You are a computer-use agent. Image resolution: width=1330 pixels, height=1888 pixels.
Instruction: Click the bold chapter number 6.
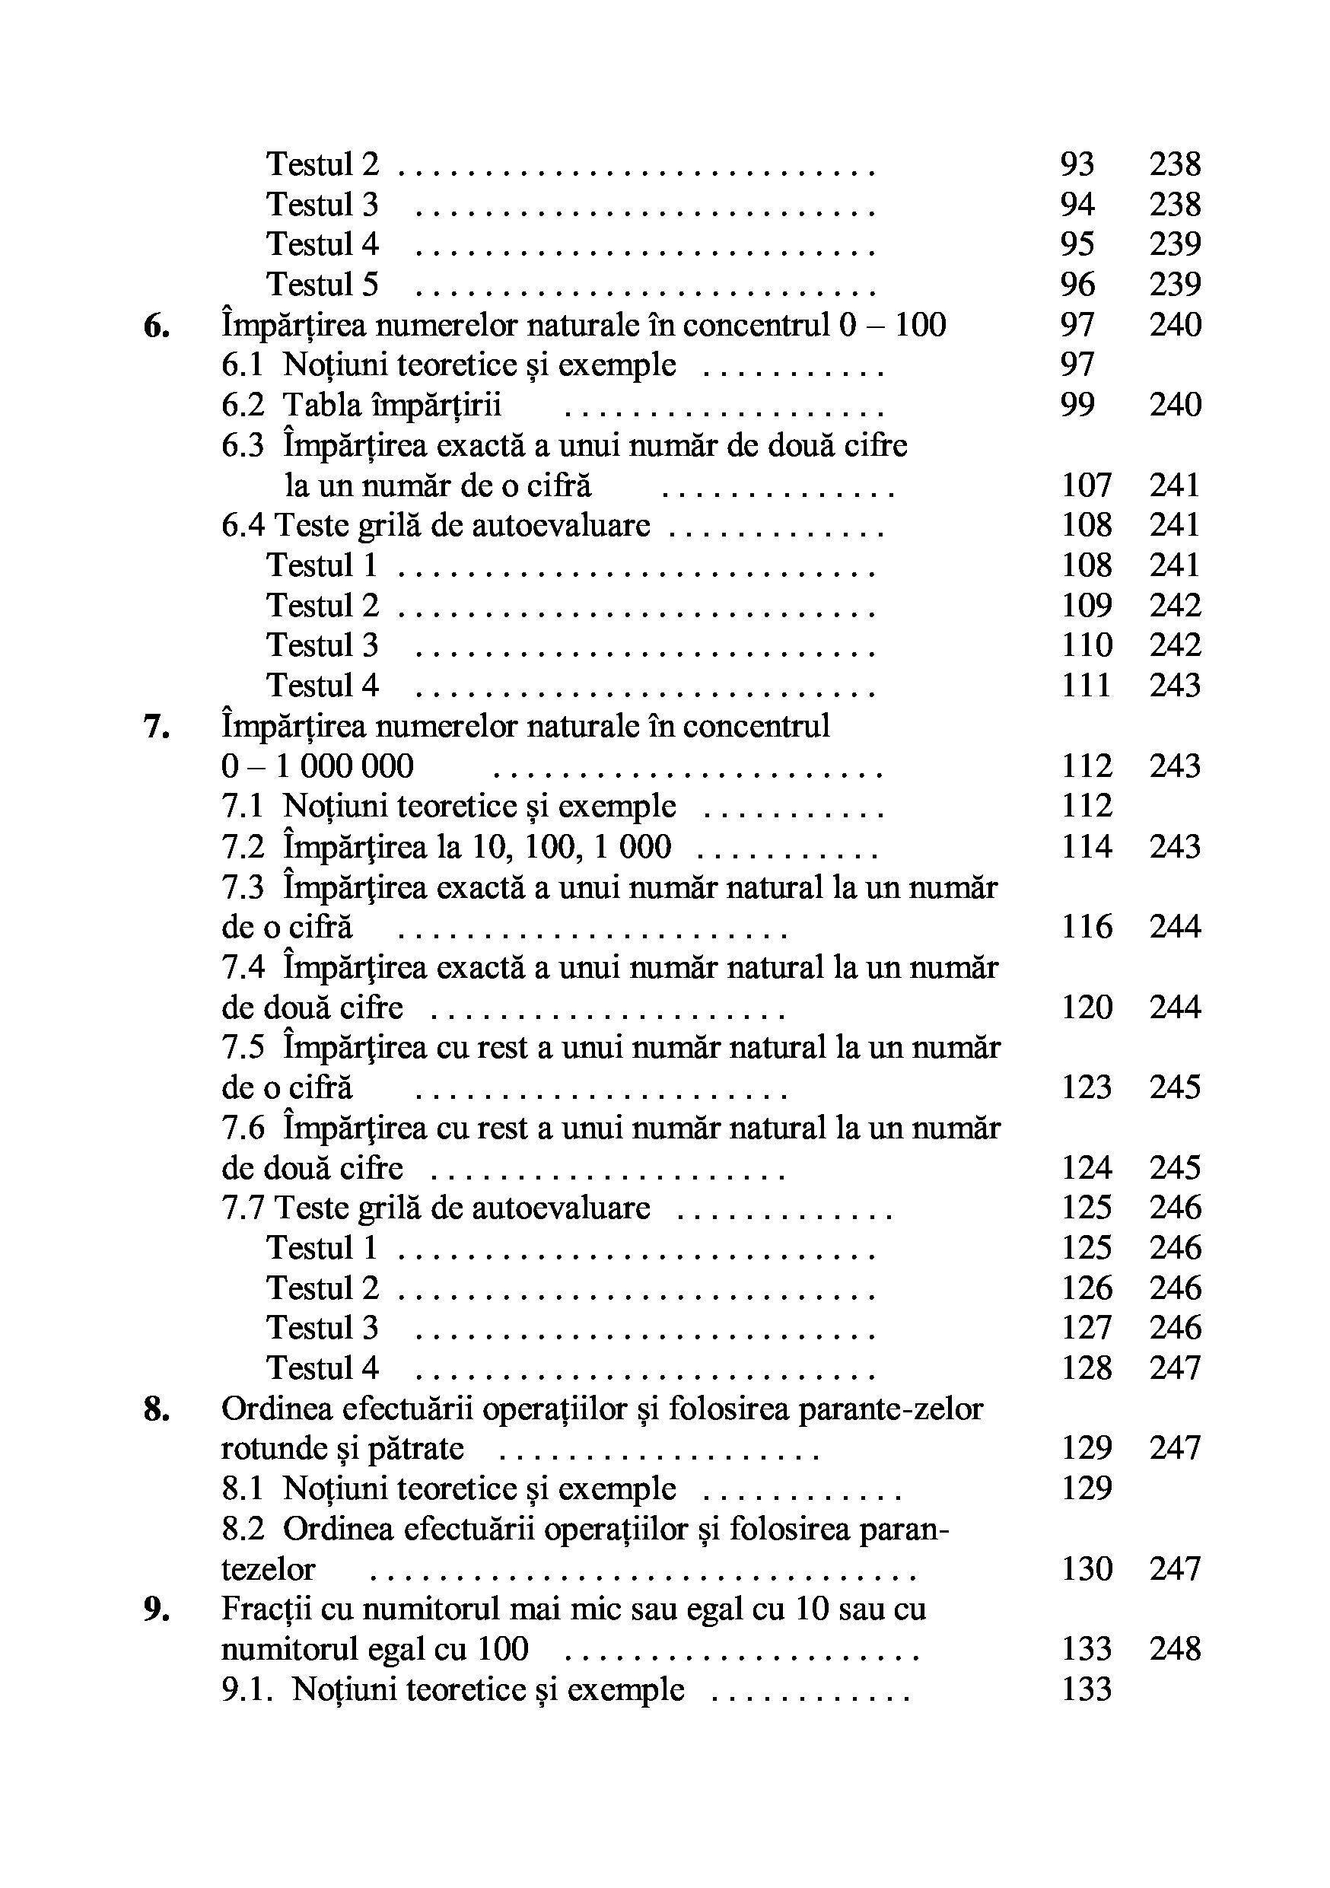[156, 326]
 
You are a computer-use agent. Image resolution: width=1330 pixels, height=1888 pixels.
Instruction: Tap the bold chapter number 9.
[156, 1610]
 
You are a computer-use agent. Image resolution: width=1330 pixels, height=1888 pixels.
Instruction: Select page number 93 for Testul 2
[1077, 165]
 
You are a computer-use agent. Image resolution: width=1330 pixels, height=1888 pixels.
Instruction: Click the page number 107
[1086, 486]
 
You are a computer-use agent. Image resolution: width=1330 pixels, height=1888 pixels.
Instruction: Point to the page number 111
[1086, 686]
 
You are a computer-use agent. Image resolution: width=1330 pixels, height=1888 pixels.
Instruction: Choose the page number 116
[1086, 927]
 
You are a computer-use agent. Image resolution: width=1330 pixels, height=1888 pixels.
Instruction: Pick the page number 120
[1086, 1008]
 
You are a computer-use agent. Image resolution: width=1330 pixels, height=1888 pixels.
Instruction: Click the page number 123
[1086, 1087]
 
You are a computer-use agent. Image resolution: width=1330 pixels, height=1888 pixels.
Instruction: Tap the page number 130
[1086, 1569]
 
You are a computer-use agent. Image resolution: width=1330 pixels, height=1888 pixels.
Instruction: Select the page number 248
[1175, 1650]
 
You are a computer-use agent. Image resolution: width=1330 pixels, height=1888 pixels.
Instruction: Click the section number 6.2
[243, 406]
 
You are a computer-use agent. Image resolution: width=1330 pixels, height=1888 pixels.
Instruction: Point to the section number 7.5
[243, 1048]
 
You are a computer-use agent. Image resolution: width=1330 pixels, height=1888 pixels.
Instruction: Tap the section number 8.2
[243, 1529]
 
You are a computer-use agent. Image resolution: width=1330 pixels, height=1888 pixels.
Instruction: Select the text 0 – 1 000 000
[317, 766]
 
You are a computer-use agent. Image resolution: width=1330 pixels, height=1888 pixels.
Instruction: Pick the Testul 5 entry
[322, 285]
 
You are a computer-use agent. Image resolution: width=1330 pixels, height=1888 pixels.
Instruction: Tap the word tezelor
[268, 1570]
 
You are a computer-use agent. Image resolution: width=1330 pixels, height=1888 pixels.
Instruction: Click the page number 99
[1077, 406]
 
